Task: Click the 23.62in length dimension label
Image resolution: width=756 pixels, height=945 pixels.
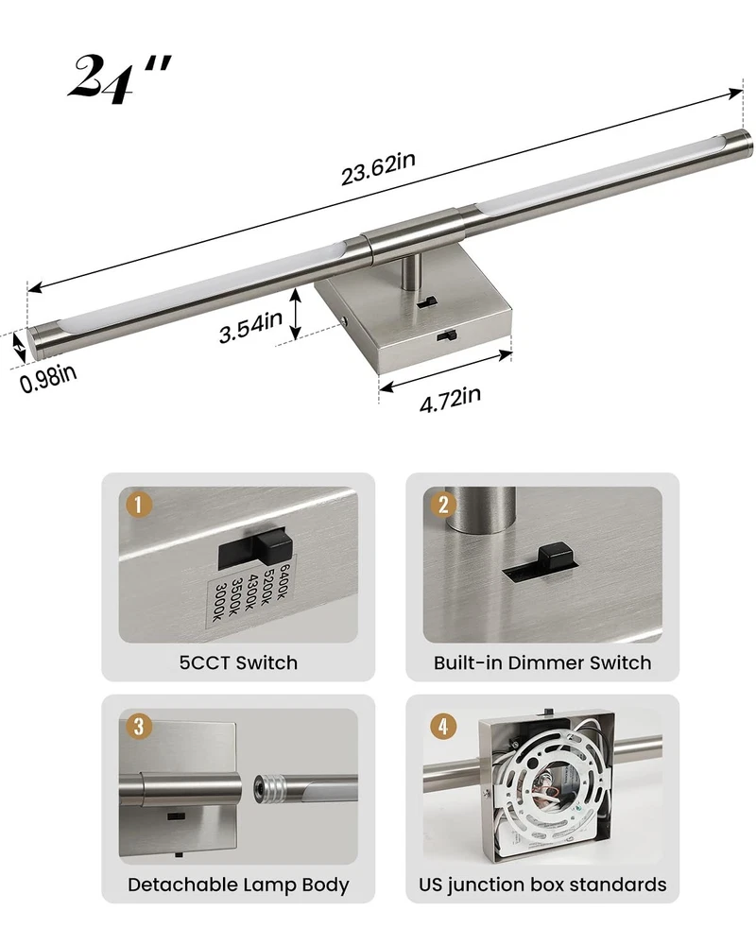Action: click(x=378, y=169)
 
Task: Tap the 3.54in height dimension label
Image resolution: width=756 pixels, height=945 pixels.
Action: click(x=250, y=326)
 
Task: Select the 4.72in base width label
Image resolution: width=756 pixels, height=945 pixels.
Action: click(x=450, y=400)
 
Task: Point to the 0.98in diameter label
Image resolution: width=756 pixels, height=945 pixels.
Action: click(x=48, y=378)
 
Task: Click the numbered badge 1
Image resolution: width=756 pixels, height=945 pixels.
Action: click(x=138, y=505)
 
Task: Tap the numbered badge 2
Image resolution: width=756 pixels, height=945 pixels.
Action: click(x=443, y=505)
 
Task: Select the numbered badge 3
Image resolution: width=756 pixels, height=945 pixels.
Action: click(x=139, y=726)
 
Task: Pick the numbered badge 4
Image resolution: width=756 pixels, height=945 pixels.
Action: click(x=443, y=726)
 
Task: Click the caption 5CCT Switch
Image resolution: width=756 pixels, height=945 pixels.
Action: click(x=238, y=663)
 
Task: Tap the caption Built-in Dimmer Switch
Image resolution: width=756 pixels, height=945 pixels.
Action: click(x=542, y=663)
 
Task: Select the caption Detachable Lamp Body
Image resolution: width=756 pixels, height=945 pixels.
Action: click(x=238, y=885)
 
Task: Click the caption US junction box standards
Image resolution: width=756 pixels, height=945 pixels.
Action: click(x=542, y=885)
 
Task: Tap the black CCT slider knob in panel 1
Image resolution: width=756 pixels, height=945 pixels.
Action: click(x=271, y=546)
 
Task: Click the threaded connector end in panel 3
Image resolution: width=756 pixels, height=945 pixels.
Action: click(x=268, y=788)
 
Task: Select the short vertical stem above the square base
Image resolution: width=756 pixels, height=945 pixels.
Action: click(x=412, y=272)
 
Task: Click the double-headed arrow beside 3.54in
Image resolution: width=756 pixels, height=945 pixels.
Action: click(x=295, y=314)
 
